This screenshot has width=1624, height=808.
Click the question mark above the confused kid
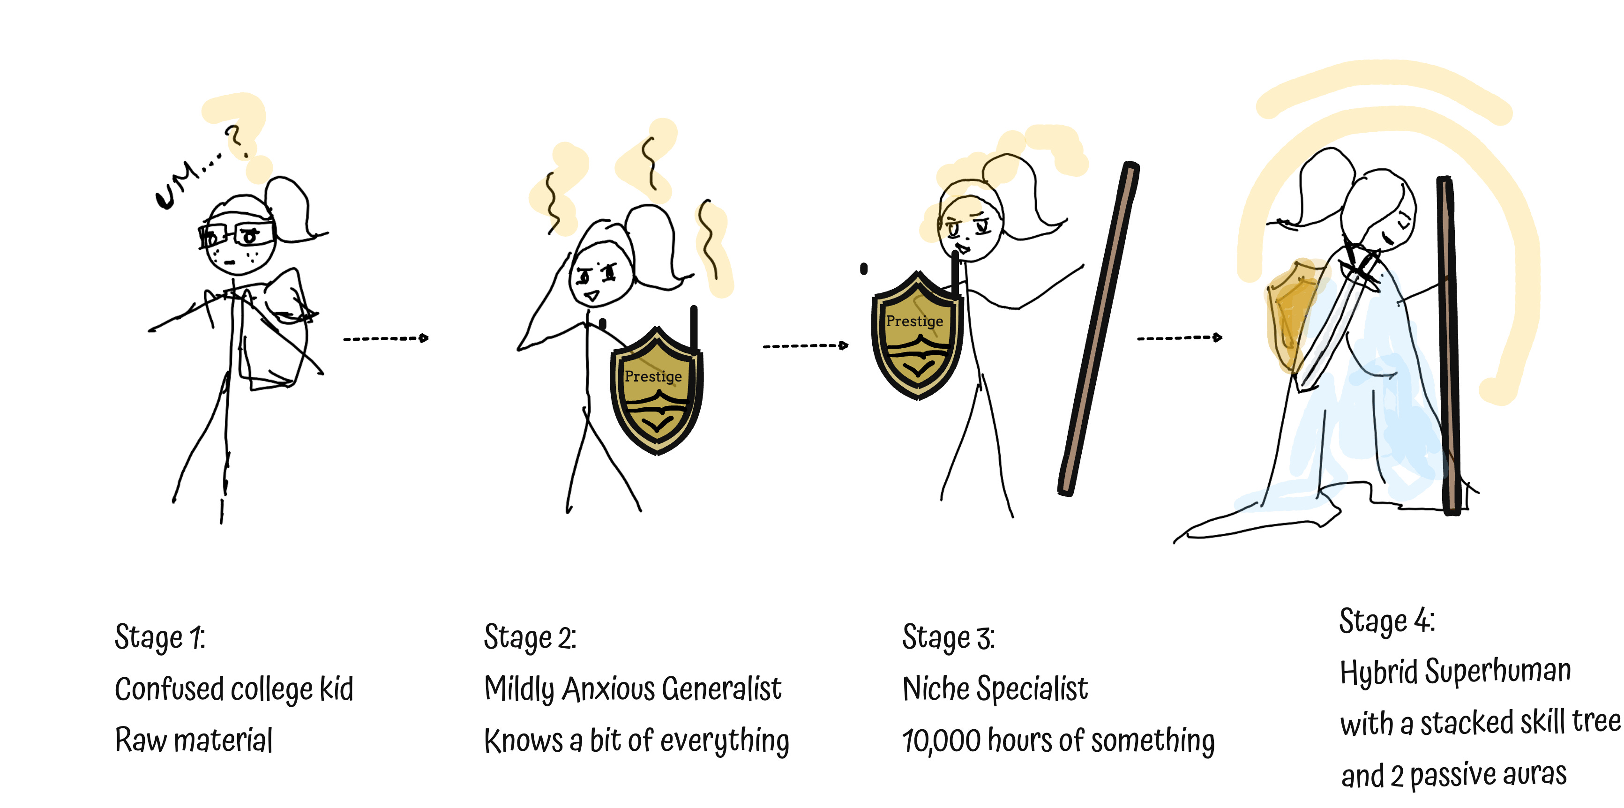(x=234, y=140)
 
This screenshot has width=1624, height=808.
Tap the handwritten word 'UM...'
(x=183, y=183)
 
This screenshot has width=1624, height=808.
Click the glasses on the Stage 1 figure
(x=236, y=233)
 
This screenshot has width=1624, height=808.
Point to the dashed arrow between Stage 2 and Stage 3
(x=805, y=345)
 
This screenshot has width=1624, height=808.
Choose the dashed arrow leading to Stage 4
(x=1179, y=338)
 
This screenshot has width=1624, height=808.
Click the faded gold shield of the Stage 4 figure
(x=1289, y=315)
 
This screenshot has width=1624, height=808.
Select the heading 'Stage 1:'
(x=159, y=636)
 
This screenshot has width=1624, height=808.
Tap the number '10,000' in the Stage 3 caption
(x=941, y=741)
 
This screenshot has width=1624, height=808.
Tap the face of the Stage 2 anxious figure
(x=599, y=277)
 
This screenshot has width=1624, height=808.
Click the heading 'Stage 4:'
(x=1387, y=621)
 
